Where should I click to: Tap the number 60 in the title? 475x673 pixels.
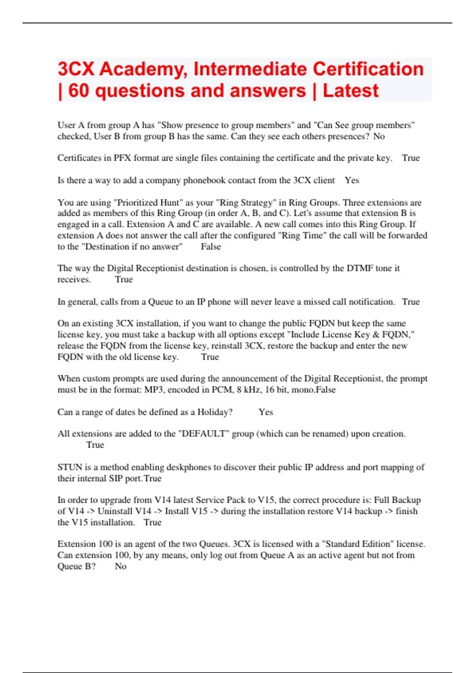pyautogui.click(x=78, y=91)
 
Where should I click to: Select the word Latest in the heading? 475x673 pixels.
pyautogui.click(x=350, y=91)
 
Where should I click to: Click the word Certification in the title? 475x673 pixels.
pyautogui.click(x=368, y=69)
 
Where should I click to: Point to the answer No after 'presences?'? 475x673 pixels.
pyautogui.click(x=379, y=137)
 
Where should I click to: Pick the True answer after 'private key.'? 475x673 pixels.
pyautogui.click(x=410, y=158)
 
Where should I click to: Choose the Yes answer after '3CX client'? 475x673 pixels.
pyautogui.click(x=351, y=181)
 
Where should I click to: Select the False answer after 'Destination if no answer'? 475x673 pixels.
pyautogui.click(x=211, y=247)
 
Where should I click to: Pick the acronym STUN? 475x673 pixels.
pyautogui.click(x=70, y=468)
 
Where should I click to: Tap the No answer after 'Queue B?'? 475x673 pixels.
pyautogui.click(x=120, y=567)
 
